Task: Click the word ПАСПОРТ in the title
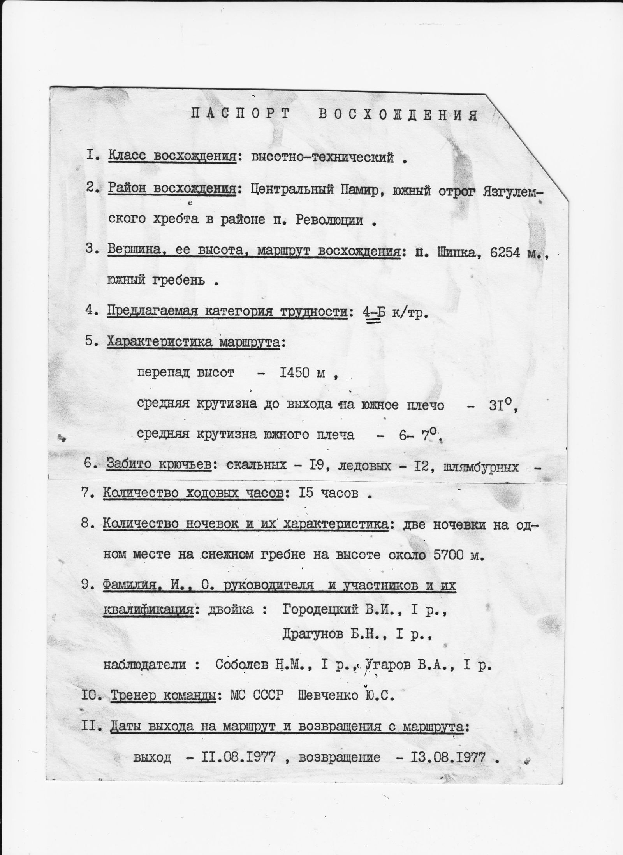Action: pos(241,114)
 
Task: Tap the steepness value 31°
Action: pos(501,405)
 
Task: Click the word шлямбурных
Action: pos(481,466)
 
